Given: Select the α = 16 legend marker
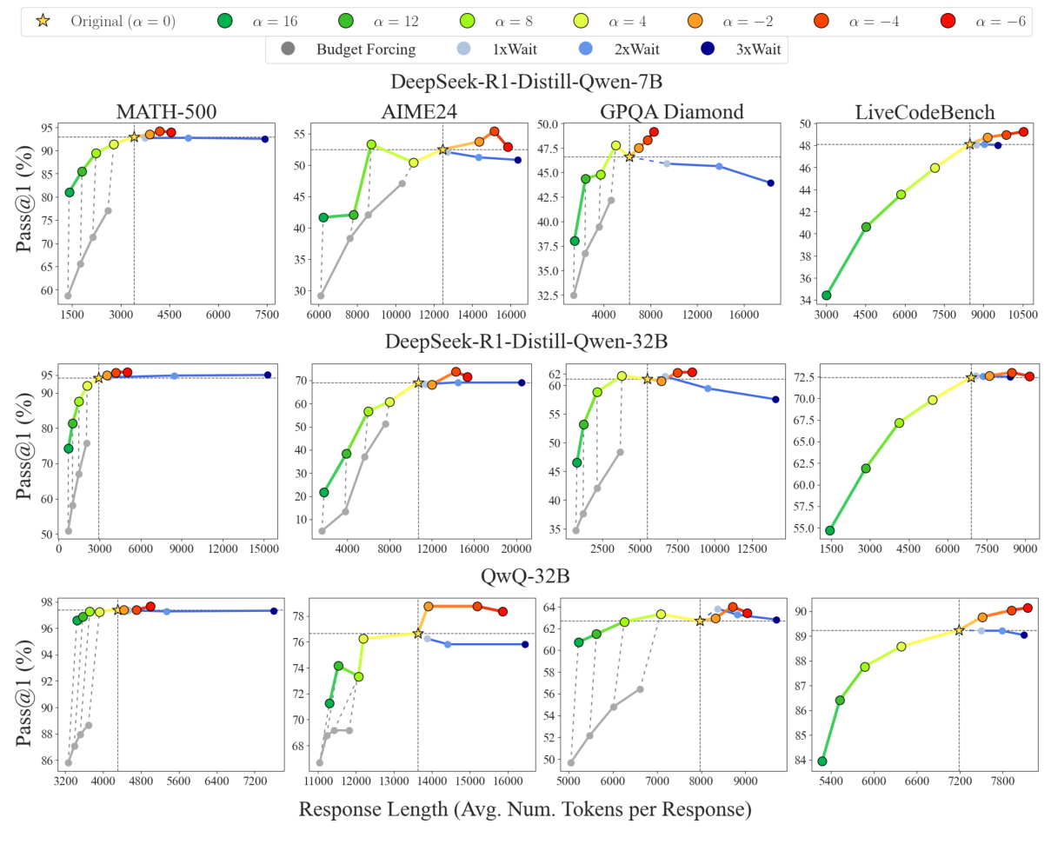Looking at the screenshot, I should [225, 20].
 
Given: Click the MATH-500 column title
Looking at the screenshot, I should [168, 111].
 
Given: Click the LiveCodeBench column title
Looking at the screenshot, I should [913, 111].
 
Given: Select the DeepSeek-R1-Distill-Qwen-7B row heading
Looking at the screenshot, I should [527, 83].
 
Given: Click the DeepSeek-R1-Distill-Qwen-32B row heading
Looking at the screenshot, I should [527, 338].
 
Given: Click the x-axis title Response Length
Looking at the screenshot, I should [525, 809].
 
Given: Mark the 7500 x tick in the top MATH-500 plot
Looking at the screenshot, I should [266, 314].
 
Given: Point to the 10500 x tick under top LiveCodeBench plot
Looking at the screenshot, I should [1022, 314].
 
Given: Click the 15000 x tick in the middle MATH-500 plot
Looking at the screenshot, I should [264, 548].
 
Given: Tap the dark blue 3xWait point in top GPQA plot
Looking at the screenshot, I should [770, 183].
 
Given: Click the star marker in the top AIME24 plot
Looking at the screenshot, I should [442, 150].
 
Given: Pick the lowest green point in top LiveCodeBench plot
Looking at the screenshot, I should [826, 296].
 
